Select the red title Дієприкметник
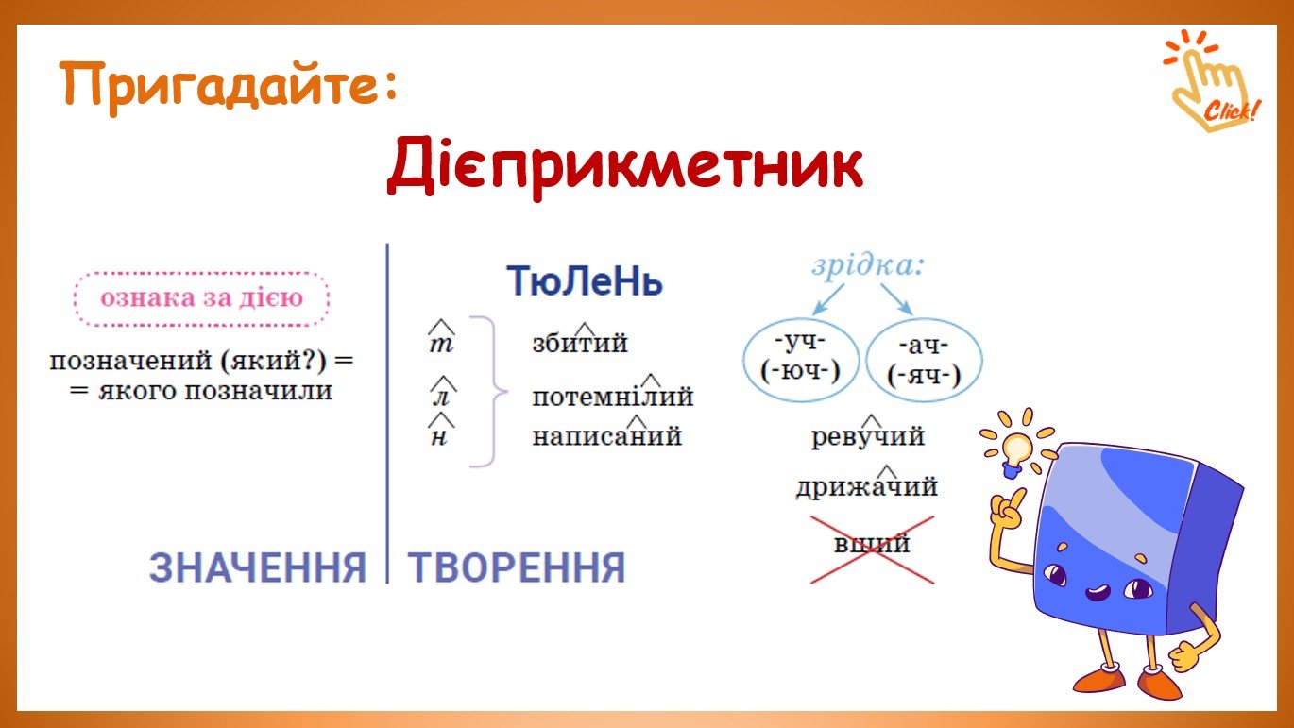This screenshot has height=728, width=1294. (x=625, y=166)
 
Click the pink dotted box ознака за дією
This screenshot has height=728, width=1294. (x=201, y=298)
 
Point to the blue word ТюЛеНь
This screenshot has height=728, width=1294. (x=585, y=281)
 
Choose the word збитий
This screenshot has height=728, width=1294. (x=579, y=341)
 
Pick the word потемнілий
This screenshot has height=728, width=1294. (x=612, y=394)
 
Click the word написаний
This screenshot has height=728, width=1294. (x=606, y=434)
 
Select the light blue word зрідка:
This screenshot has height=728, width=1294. (x=868, y=266)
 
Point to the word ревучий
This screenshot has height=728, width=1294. (x=868, y=434)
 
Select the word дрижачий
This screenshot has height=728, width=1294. (x=866, y=485)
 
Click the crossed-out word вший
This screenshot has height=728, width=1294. (x=872, y=544)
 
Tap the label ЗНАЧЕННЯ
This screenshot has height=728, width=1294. (x=258, y=567)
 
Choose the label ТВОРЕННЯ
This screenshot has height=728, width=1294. (x=517, y=567)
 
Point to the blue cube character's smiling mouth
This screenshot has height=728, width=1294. (x=1097, y=592)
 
